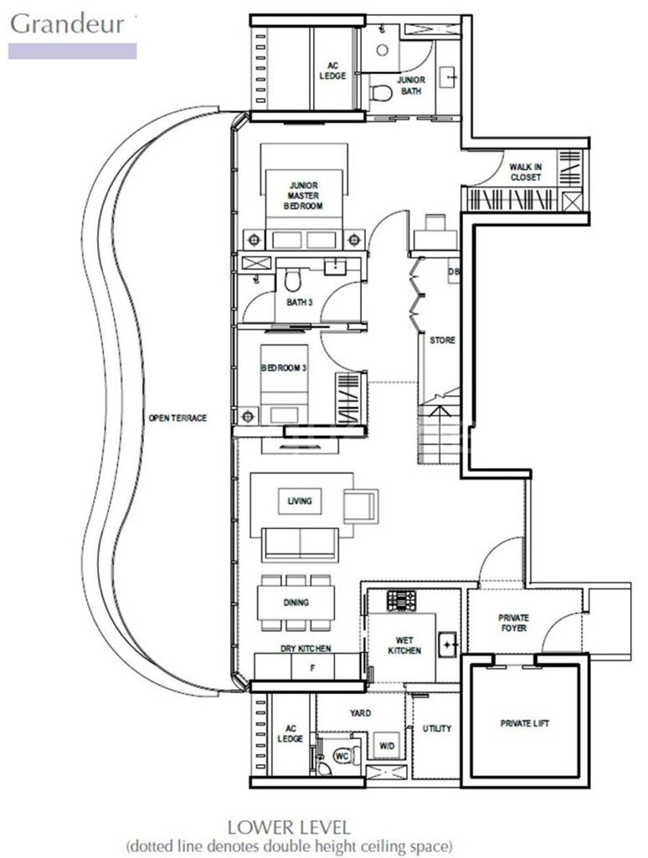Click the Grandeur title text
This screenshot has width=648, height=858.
tap(67, 24)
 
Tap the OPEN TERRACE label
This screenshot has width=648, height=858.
tap(178, 418)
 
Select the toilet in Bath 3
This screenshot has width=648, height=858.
tap(292, 280)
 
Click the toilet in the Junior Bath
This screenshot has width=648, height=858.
tap(381, 94)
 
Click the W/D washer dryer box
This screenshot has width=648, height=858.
tap(386, 746)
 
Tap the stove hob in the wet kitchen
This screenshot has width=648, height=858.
tap(401, 601)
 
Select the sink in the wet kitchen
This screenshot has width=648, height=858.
tap(447, 643)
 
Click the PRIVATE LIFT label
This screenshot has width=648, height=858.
tap(524, 723)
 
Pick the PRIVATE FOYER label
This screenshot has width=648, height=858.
tap(513, 623)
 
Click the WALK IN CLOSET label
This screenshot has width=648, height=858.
tap(526, 172)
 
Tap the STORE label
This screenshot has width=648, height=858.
tap(442, 340)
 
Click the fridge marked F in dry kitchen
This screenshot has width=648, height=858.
tap(312, 668)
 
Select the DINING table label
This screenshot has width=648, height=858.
tap(296, 602)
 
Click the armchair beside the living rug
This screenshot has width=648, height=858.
tap(361, 506)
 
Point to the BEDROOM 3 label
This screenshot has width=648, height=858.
tap(283, 368)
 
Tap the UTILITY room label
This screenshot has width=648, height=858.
tap(437, 728)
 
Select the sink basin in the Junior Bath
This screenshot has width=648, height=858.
tap(450, 78)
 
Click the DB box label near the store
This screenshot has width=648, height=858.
tap(454, 272)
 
